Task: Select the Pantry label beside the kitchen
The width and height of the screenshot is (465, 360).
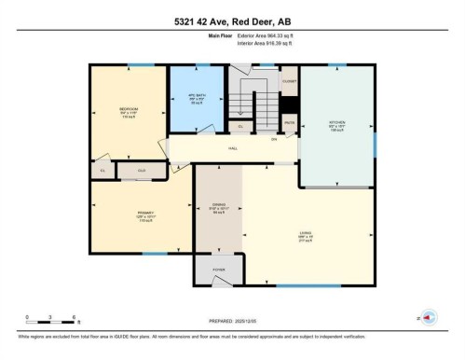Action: point(289,122)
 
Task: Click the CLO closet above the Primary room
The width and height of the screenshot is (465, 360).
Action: point(143,171)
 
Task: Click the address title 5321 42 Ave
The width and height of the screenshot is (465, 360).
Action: point(232,21)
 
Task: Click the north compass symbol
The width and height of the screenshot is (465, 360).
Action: point(428,316)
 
